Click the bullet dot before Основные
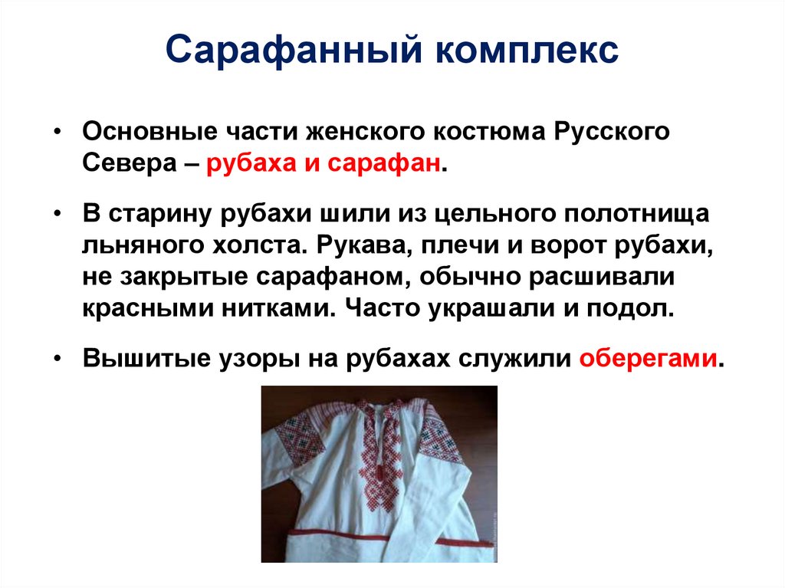[60, 130]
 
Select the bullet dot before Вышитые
[60, 358]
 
